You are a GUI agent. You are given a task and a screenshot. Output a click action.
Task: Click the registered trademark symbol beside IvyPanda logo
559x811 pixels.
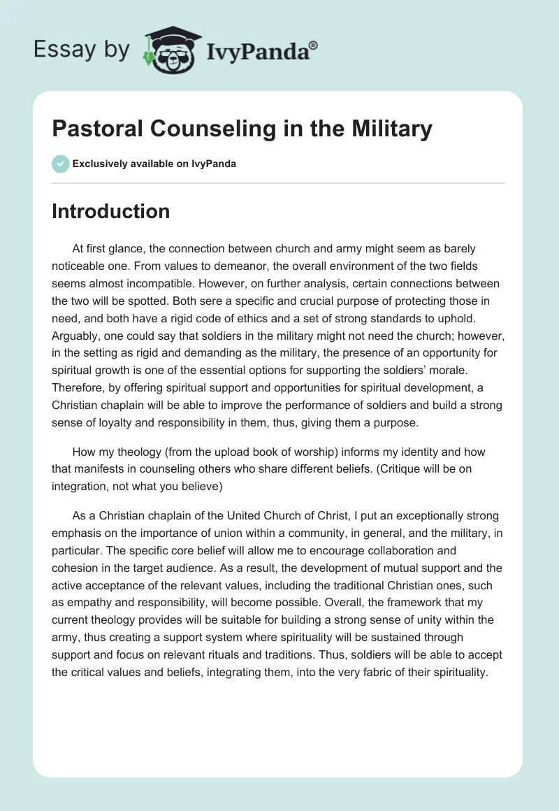coord(313,45)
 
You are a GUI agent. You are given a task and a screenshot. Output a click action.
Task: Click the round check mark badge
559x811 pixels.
coord(60,164)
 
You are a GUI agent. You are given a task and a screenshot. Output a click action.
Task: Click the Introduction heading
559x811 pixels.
coord(110,211)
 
